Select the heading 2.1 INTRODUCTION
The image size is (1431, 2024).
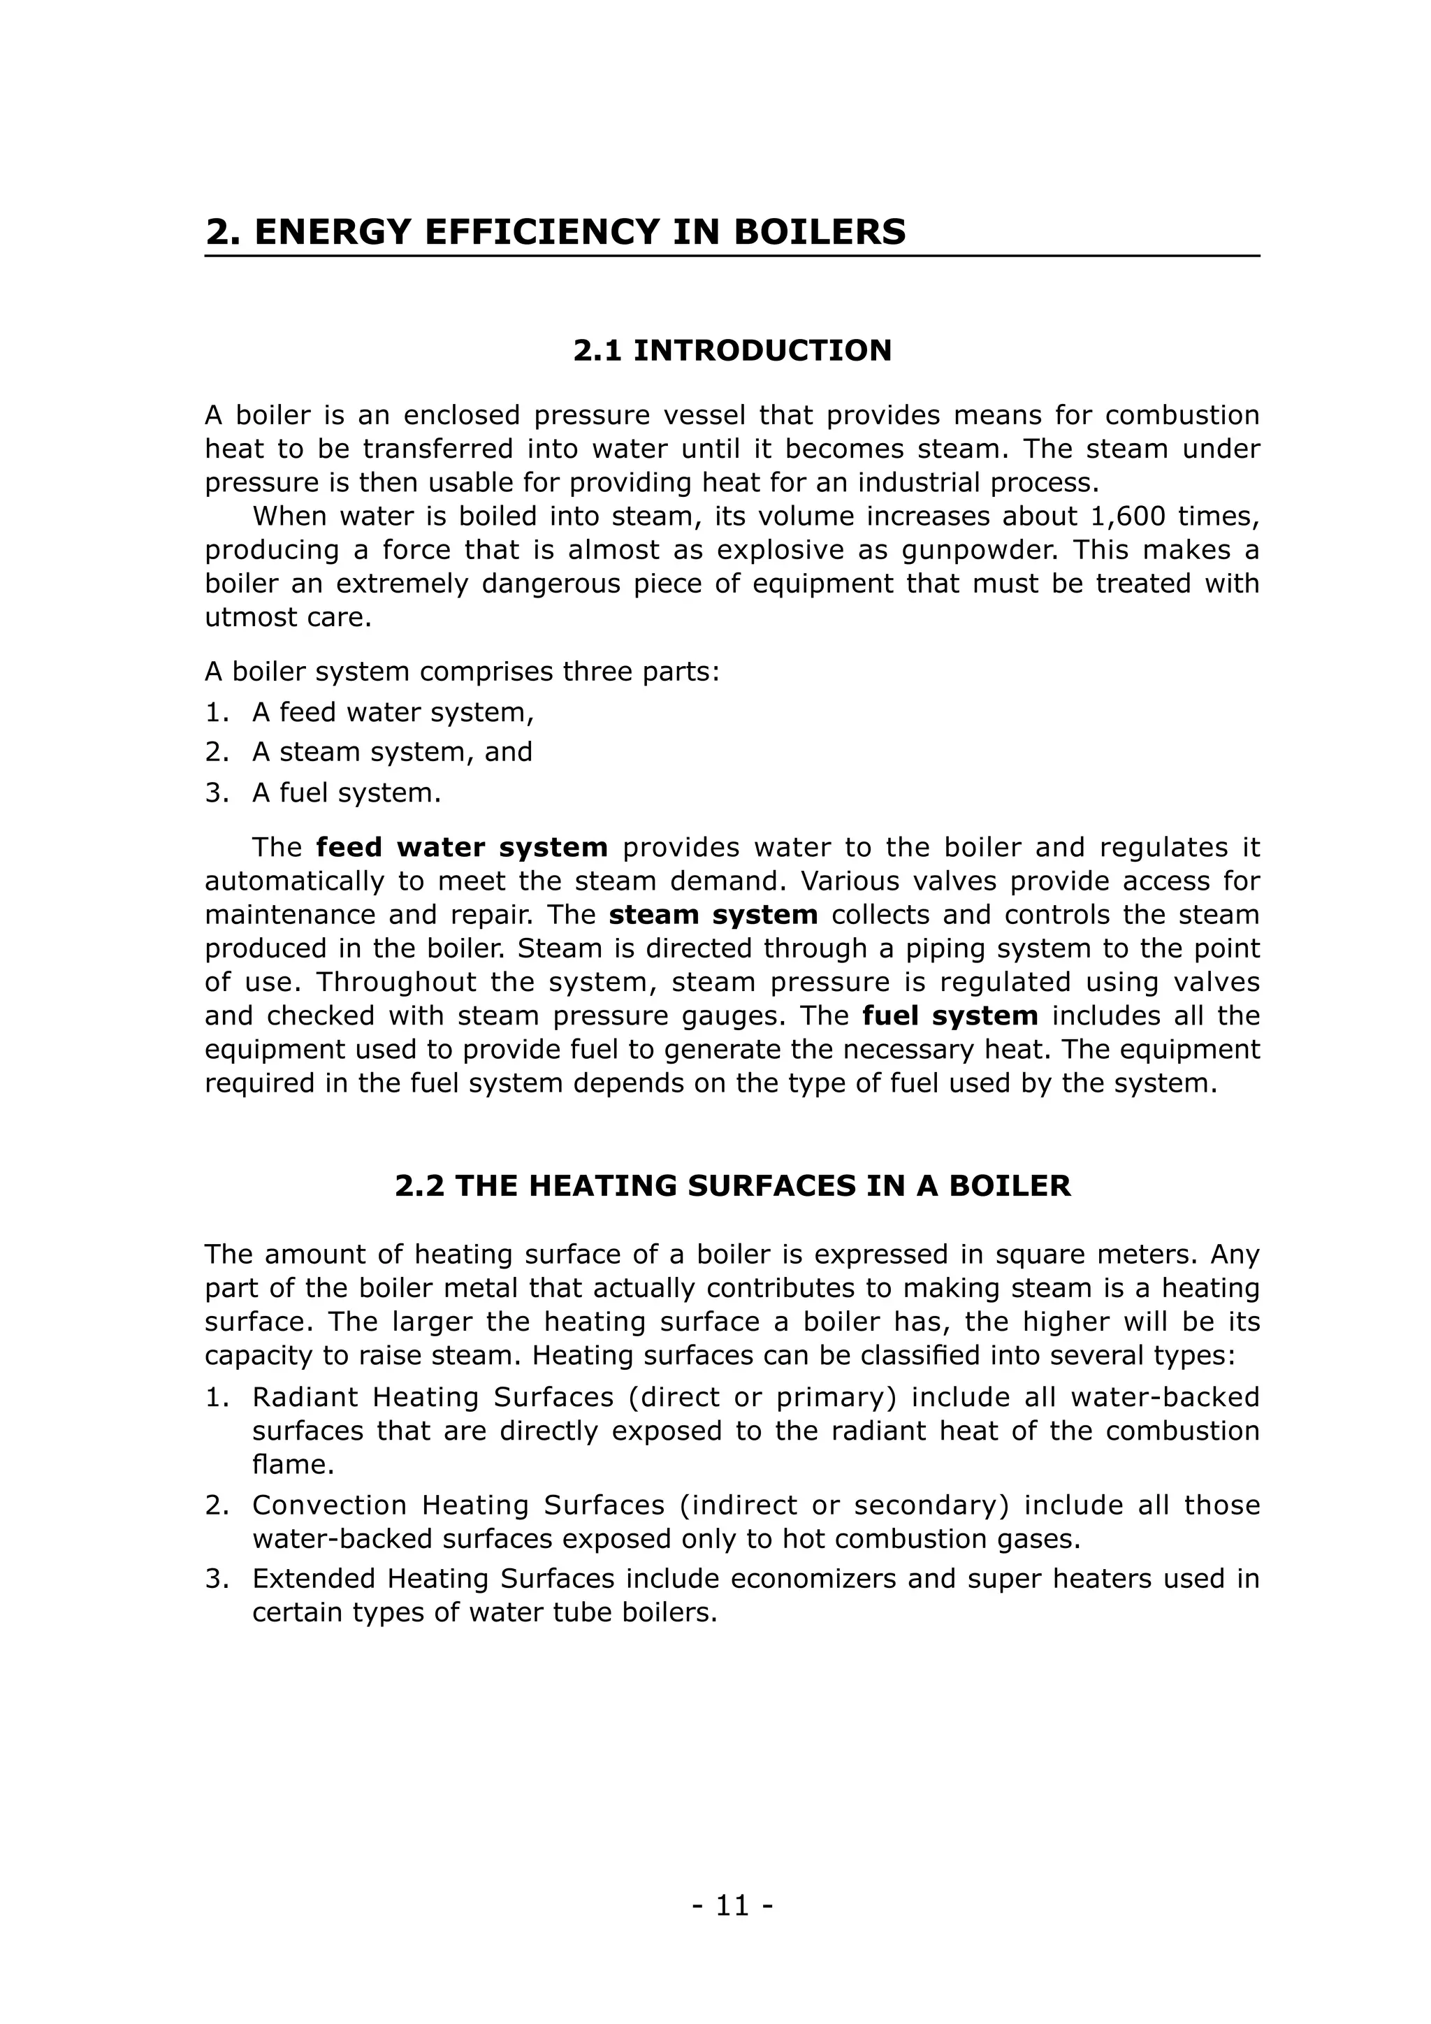(x=732, y=351)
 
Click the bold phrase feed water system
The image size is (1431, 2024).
(x=462, y=848)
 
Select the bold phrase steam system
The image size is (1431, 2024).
(x=713, y=915)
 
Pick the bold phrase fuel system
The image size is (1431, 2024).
(x=950, y=1015)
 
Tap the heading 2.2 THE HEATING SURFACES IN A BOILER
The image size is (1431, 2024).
(x=732, y=1185)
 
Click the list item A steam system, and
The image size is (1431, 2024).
(x=392, y=752)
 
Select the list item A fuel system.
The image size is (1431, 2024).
(x=347, y=793)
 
